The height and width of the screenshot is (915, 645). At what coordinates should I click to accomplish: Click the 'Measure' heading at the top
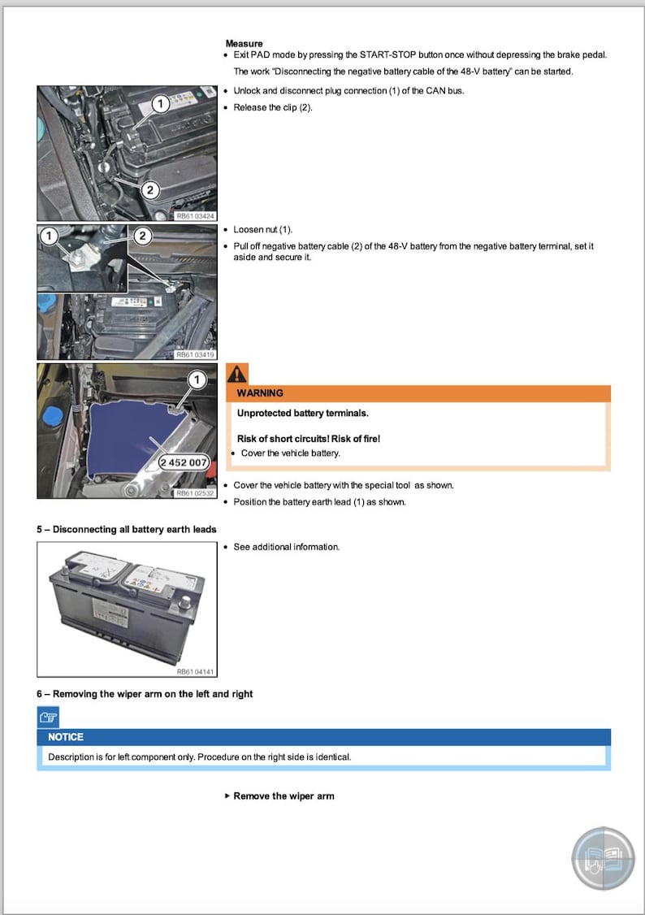point(244,43)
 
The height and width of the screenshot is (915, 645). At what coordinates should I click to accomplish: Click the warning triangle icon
point(236,374)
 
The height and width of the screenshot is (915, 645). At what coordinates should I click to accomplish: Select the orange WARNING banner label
point(260,393)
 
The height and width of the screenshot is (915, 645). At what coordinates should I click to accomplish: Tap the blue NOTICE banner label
point(66,737)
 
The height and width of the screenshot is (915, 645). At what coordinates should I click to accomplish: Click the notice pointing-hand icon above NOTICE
point(48,717)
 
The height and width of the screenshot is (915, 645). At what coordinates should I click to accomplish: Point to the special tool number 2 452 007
point(184,462)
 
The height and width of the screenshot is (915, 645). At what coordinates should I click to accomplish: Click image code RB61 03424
point(195,216)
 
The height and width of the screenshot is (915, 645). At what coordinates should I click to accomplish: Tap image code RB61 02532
point(195,493)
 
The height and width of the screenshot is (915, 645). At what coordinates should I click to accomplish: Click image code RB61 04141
point(195,672)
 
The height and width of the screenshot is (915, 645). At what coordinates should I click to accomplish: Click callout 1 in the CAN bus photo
point(160,103)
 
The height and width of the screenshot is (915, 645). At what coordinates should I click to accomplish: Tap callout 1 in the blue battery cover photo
point(196,379)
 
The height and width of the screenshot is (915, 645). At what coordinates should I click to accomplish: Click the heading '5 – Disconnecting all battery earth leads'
point(126,530)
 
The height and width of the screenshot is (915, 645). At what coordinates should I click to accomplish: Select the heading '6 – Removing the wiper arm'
point(145,694)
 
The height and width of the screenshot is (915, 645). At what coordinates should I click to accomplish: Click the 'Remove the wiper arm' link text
point(284,796)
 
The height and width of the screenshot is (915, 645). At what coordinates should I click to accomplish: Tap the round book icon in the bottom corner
point(603,858)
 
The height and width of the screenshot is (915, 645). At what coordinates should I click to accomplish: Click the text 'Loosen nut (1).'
point(262,230)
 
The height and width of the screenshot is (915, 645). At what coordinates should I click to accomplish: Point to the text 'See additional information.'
point(286,547)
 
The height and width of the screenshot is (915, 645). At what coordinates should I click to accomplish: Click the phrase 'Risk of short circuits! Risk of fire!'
point(308,439)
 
